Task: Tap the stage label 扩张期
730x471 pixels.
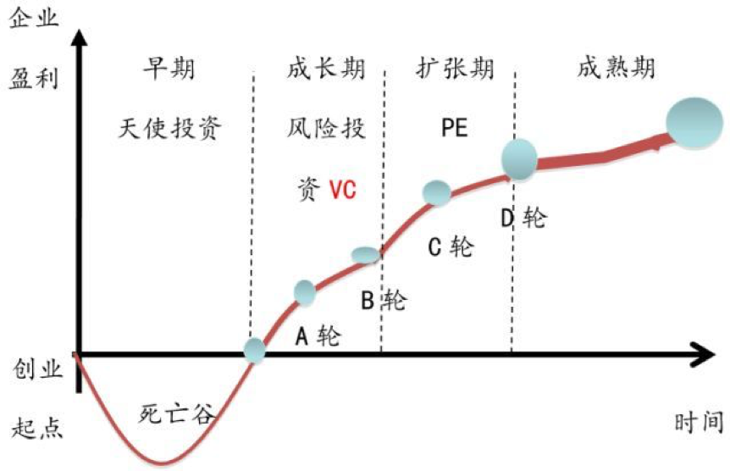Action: pyautogui.click(x=455, y=68)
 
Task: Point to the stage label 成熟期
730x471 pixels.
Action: pyautogui.click(x=617, y=68)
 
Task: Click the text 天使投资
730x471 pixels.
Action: pyautogui.click(x=169, y=129)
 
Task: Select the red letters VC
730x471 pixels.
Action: pyautogui.click(x=342, y=191)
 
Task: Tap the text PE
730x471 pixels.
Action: pyautogui.click(x=454, y=130)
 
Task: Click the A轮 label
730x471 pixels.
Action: pyautogui.click(x=317, y=336)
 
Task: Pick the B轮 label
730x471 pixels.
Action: pyautogui.click(x=383, y=300)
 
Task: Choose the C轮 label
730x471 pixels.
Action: pyautogui.click(x=451, y=247)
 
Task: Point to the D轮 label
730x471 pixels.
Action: pyautogui.click(x=523, y=218)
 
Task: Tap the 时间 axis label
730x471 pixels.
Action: pyautogui.click(x=700, y=421)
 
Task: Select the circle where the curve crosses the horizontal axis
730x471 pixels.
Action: pyautogui.click(x=254, y=350)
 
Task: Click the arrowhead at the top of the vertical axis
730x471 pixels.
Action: pyautogui.click(x=78, y=36)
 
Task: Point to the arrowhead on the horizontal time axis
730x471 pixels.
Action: pyautogui.click(x=705, y=356)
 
